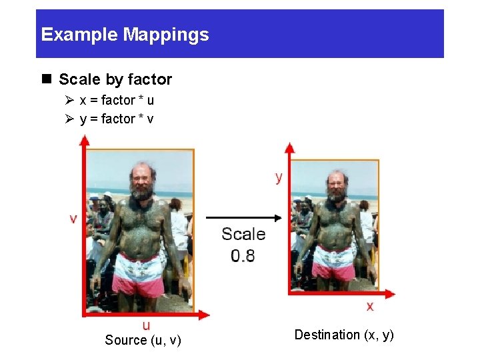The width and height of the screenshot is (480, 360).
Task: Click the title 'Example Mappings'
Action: (125, 35)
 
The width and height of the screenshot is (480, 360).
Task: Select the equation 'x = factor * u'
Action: (117, 101)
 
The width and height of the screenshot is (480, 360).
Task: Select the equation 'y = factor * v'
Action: (117, 119)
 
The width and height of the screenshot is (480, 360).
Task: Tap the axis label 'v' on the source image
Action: (73, 218)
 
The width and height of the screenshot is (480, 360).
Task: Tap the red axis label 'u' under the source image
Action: (146, 325)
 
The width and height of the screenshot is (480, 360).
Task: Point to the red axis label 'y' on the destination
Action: (279, 177)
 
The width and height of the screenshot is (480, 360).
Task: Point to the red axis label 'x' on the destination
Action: (369, 306)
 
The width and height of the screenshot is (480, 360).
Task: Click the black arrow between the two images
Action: (243, 217)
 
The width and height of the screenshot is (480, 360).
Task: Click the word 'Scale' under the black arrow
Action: (243, 234)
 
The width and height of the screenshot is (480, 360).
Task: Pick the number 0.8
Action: (243, 255)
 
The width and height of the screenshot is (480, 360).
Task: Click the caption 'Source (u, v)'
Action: (143, 341)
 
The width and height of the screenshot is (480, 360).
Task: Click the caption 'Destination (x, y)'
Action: (344, 335)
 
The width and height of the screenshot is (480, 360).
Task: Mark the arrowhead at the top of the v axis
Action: (83, 141)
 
